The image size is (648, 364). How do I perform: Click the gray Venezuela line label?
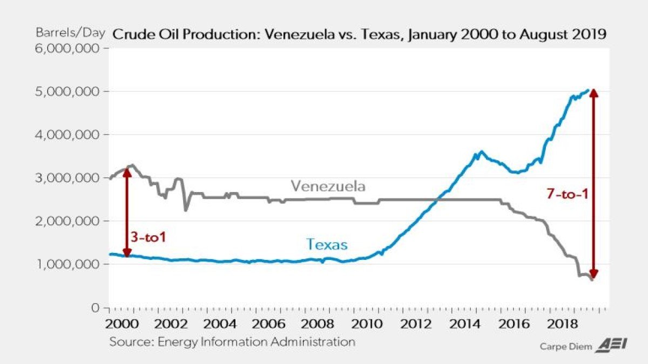pos(328,187)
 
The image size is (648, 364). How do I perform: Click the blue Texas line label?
pos(327,245)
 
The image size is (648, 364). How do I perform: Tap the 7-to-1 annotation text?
pos(566,195)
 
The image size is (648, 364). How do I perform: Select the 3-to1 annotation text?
pos(147,237)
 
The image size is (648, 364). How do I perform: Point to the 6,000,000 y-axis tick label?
pos(67,48)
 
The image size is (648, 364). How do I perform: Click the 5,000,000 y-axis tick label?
pos(67,91)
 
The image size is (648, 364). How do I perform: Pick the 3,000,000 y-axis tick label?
pos(67,177)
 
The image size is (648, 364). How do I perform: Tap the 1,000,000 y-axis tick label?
pos(67,264)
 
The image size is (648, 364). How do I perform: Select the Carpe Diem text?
pos(565,347)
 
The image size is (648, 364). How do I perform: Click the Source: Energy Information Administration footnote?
pos(232,342)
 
